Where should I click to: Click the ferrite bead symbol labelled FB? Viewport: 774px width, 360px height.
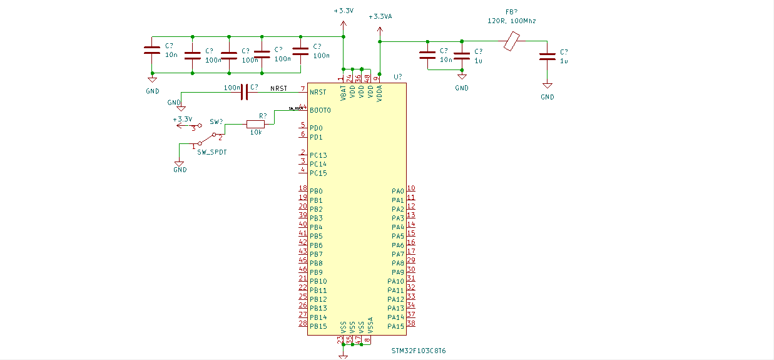pyautogui.click(x=512, y=41)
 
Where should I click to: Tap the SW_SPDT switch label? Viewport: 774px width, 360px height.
pyautogui.click(x=211, y=152)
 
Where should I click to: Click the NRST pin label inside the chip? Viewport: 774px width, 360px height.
pyautogui.click(x=318, y=92)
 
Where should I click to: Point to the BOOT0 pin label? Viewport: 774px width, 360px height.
pyautogui.click(x=320, y=110)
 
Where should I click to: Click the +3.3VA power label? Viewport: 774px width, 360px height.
pyautogui.click(x=380, y=17)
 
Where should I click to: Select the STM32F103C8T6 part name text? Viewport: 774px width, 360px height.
pyautogui.click(x=419, y=351)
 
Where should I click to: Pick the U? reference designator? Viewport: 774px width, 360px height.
pyautogui.click(x=398, y=77)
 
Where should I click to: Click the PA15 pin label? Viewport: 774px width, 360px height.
pyautogui.click(x=395, y=326)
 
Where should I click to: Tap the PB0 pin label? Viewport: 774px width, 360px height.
pyautogui.click(x=316, y=191)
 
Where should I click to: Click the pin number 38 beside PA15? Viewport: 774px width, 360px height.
pyautogui.click(x=411, y=324)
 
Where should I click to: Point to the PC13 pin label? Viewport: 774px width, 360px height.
pyautogui.click(x=318, y=155)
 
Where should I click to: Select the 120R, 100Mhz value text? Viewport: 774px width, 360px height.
pyautogui.click(x=511, y=21)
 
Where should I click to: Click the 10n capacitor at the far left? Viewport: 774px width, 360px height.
pyautogui.click(x=152, y=51)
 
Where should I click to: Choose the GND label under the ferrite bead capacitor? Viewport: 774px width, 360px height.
pyautogui.click(x=547, y=97)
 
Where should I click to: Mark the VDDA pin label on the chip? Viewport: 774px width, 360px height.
pyautogui.click(x=379, y=93)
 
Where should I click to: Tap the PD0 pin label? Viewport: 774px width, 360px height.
pyautogui.click(x=316, y=128)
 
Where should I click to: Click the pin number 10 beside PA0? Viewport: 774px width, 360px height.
pyautogui.click(x=411, y=188)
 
